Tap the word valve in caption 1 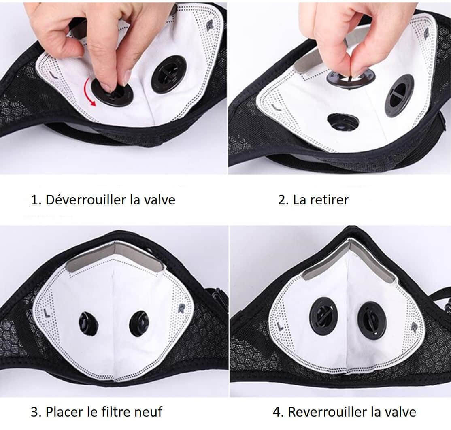point(160,199)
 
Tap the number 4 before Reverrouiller point(277,412)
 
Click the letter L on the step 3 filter point(46,313)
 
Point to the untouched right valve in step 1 point(169,75)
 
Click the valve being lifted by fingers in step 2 point(351,78)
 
